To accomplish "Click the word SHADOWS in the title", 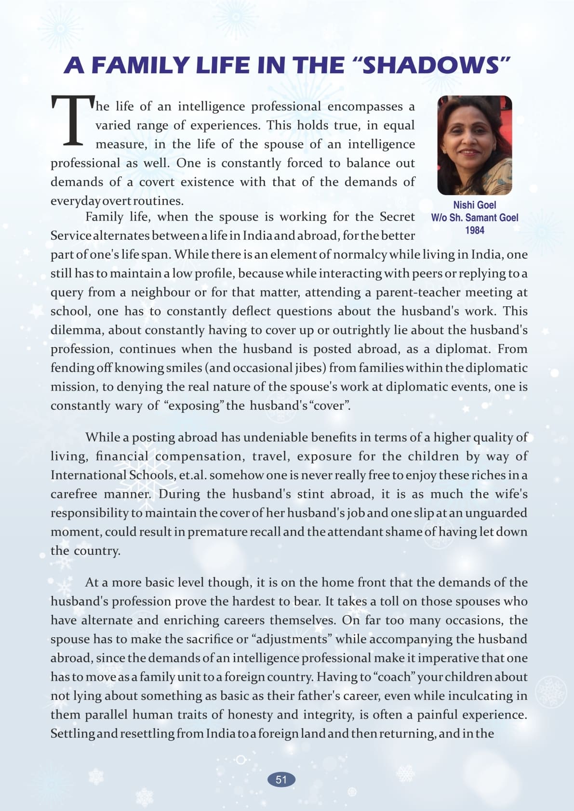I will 430,65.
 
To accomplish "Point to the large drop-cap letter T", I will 72,120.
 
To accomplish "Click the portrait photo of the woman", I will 474,145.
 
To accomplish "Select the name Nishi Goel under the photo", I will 474,205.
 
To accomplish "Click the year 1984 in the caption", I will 474,230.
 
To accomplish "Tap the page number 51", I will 281,780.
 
